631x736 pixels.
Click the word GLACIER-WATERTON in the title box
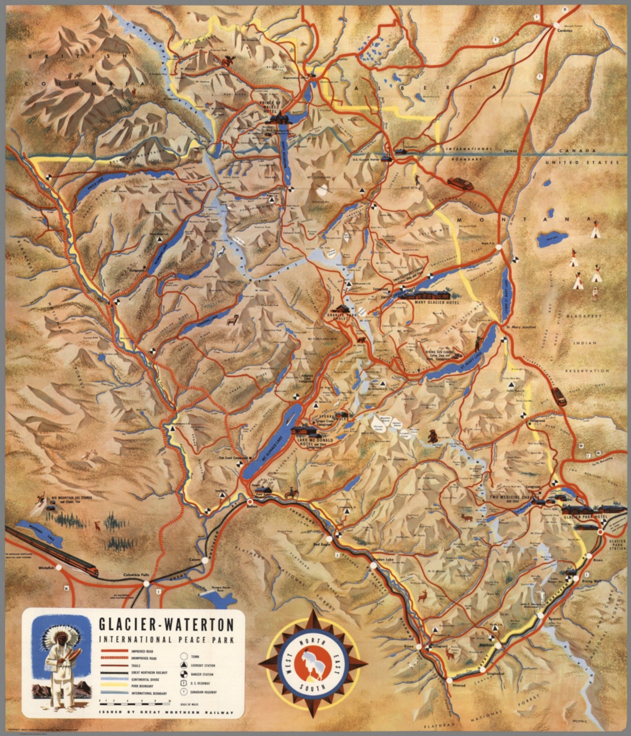pyautogui.click(x=166, y=624)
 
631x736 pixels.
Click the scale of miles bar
pyautogui.click(x=134, y=701)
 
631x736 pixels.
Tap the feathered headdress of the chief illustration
pyautogui.click(x=56, y=635)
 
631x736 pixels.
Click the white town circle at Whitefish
pyautogui.click(x=58, y=567)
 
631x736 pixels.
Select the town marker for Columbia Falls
pyautogui.click(x=145, y=583)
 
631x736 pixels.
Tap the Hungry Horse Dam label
pyautogui.click(x=215, y=590)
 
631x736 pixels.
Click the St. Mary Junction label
pyautogui.click(x=521, y=327)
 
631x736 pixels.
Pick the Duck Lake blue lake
pyautogui.click(x=552, y=240)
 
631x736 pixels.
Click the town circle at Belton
pyautogui.click(x=249, y=501)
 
